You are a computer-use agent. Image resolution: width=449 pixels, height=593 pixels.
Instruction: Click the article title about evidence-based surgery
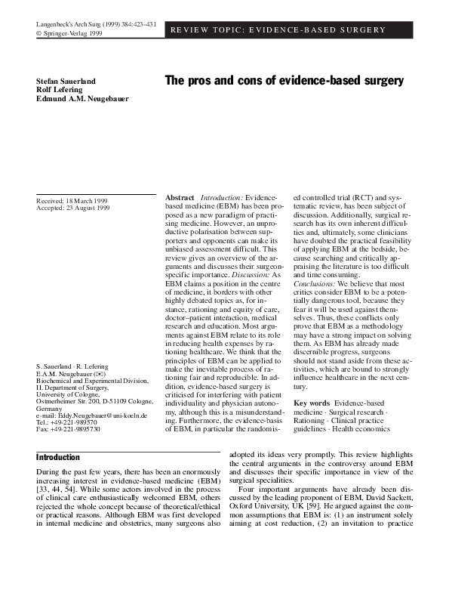click(x=284, y=81)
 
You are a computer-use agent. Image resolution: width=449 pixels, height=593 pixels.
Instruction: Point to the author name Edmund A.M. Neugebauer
click(x=81, y=99)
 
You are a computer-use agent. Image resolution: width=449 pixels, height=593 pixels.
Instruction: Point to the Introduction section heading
click(x=58, y=457)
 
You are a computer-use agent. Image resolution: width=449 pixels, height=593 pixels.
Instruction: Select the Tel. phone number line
click(x=68, y=423)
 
